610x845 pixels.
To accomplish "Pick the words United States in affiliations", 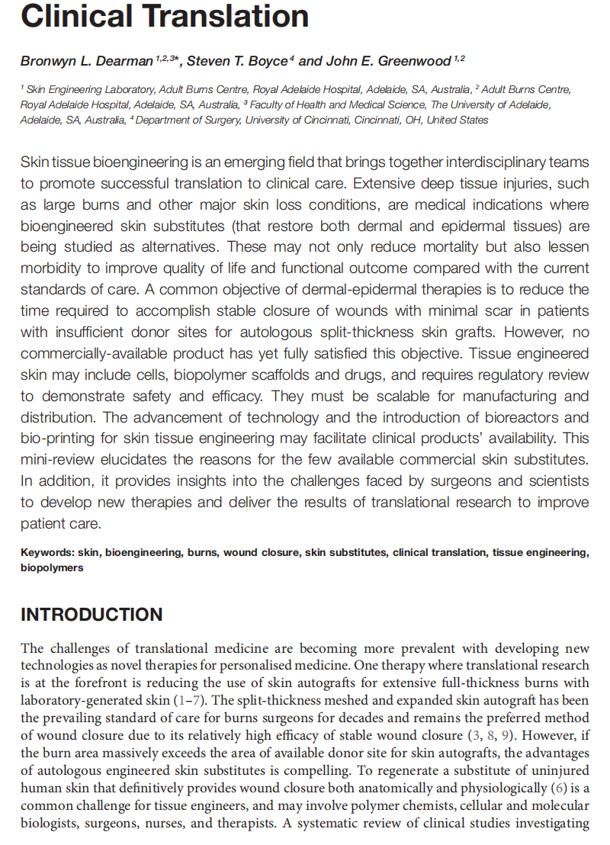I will pos(461,120).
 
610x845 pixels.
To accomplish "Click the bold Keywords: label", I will pos(47,553).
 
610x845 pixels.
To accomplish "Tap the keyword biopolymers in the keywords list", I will pos(52,567).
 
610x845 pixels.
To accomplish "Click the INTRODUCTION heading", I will pos(91,615).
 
